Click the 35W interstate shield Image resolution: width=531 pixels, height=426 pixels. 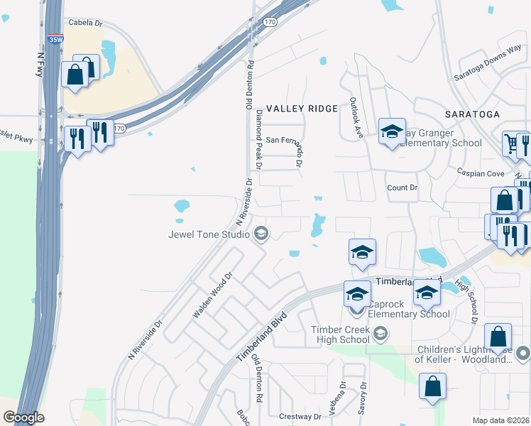(x=55, y=40)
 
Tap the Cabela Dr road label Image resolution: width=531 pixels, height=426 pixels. (x=86, y=22)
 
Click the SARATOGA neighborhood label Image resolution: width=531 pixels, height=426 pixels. (x=472, y=114)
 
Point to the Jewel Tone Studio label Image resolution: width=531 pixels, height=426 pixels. (x=209, y=234)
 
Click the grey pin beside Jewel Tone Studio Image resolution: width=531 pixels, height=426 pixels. (x=261, y=234)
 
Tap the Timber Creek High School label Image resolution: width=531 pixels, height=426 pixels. (x=341, y=334)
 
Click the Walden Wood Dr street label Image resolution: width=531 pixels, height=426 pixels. (x=212, y=295)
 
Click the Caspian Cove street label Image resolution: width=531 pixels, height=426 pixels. (x=481, y=173)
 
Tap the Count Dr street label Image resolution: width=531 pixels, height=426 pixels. (x=402, y=187)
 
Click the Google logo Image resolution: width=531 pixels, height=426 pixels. (x=23, y=417)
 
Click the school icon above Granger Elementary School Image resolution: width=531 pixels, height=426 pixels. (x=392, y=132)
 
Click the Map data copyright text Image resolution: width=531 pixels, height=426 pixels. (x=500, y=420)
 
